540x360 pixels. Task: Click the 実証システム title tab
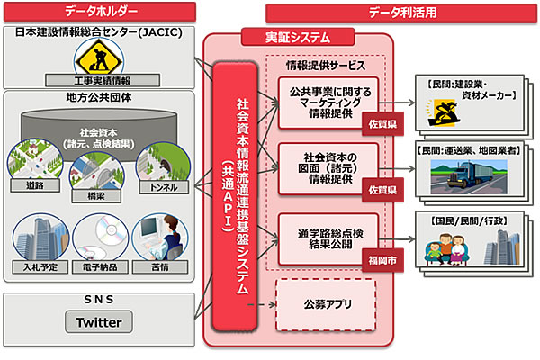click(298, 36)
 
